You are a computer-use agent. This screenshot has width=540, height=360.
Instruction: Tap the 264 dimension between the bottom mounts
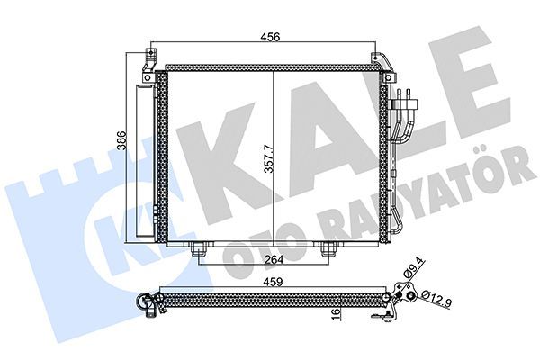(264, 262)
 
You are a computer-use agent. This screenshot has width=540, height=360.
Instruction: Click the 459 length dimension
(270, 281)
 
